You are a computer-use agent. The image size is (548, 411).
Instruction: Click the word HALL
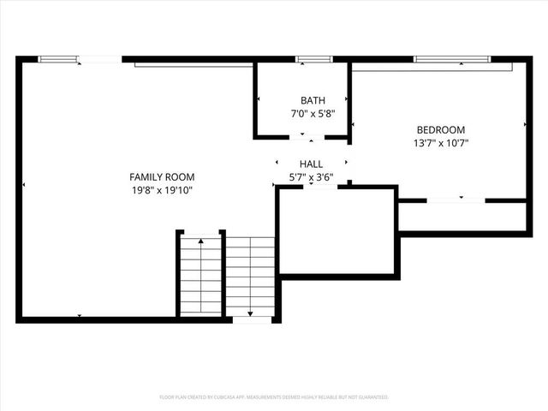click(x=311, y=164)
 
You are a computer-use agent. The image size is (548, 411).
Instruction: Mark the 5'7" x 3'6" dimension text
click(x=311, y=177)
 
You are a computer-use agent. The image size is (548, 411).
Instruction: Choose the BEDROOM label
click(x=440, y=130)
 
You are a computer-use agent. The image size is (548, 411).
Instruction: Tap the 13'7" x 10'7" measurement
click(x=440, y=144)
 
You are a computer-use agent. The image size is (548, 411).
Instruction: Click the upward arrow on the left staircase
click(x=200, y=243)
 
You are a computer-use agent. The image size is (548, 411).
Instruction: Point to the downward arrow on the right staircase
click(x=250, y=312)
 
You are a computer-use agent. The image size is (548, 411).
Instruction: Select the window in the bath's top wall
click(x=314, y=59)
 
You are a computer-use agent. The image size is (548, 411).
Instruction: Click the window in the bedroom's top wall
click(x=452, y=59)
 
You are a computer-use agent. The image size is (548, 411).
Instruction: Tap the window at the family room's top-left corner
click(x=58, y=59)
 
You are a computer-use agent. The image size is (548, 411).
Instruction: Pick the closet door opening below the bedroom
click(x=456, y=200)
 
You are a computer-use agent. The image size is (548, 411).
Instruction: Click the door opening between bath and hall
click(x=312, y=137)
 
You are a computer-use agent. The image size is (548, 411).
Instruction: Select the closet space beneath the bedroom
click(x=462, y=216)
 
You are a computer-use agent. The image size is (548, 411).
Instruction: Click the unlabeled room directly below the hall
click(x=336, y=231)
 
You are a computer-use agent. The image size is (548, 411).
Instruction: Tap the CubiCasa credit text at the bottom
click(x=274, y=397)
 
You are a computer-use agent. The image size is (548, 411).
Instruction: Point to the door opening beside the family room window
click(x=100, y=59)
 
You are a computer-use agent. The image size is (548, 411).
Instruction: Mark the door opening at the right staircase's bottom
click(x=252, y=320)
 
